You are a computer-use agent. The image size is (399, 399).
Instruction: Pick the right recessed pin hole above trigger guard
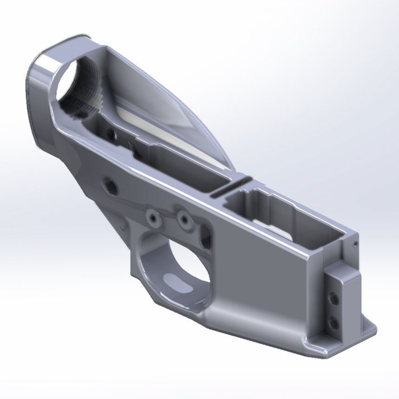point(184,218)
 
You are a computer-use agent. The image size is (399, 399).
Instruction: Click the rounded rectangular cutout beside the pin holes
point(207,235)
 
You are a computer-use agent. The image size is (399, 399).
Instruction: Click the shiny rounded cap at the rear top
point(50,60)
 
